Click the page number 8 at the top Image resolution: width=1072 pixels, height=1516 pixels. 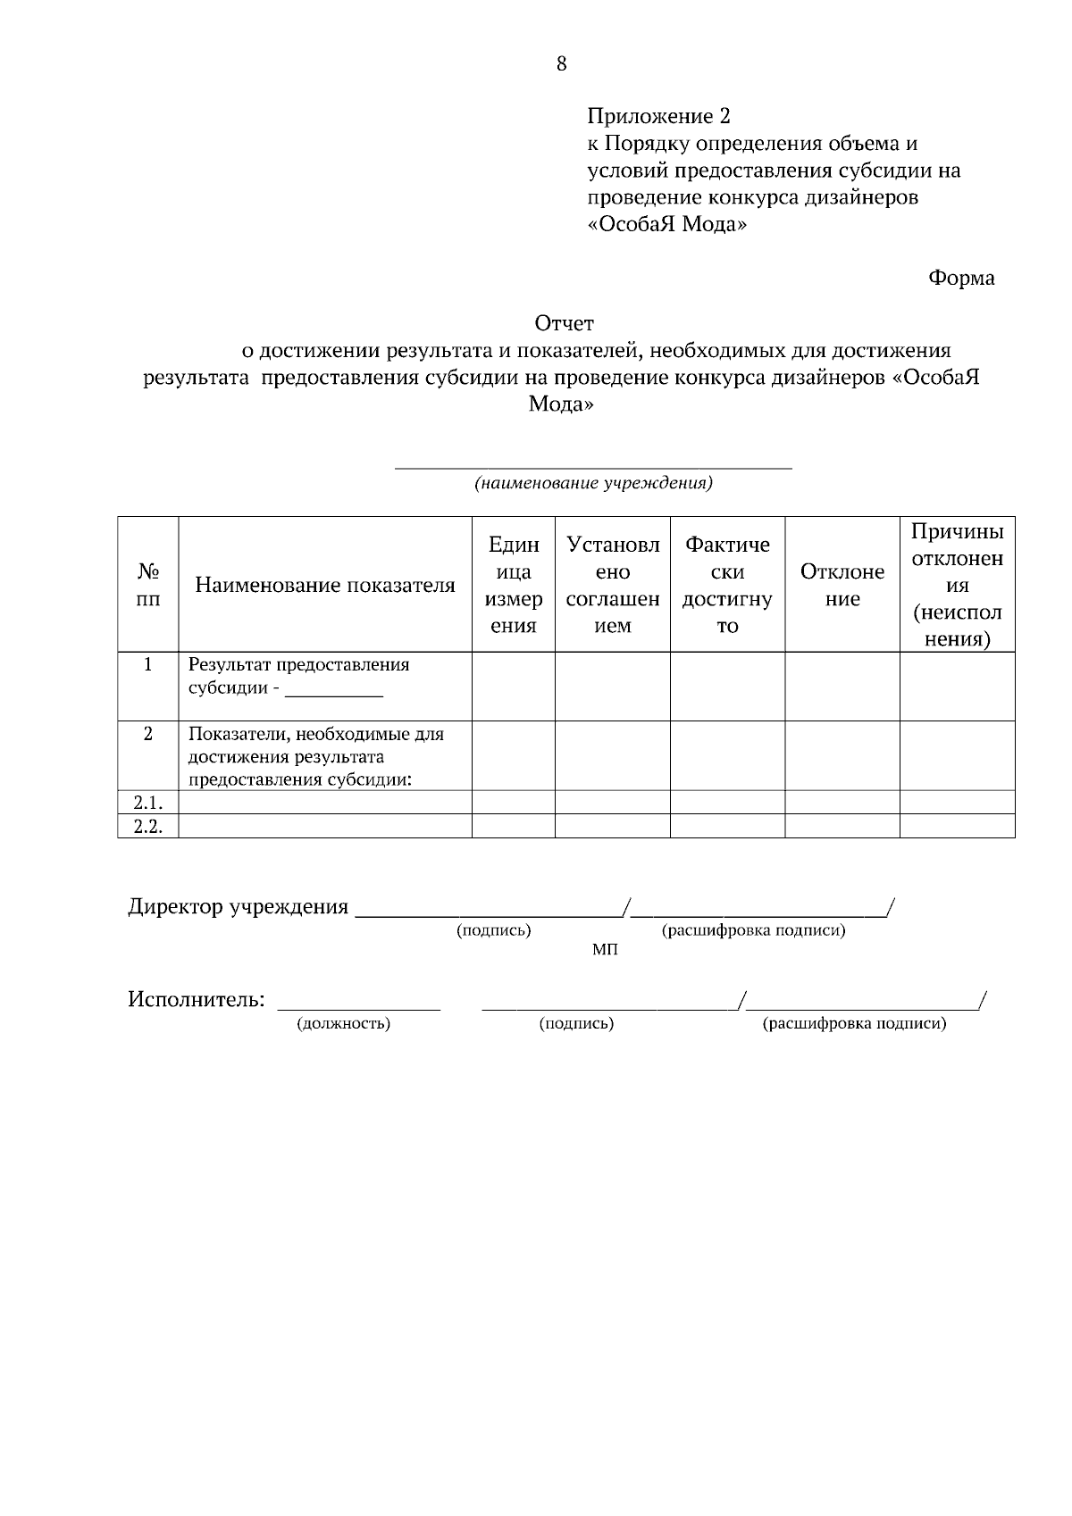[561, 63]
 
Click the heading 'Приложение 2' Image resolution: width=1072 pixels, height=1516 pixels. [658, 116]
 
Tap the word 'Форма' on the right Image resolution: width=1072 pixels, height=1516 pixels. [961, 279]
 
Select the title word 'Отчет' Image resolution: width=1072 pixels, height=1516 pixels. [564, 323]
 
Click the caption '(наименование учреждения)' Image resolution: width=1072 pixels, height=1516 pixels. [593, 484]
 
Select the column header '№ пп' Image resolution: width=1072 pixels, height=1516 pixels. [148, 585]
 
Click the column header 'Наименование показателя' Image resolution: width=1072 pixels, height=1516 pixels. [325, 586]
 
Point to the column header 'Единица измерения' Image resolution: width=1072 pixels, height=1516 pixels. [514, 585]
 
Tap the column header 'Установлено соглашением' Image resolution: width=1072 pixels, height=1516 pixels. [613, 585]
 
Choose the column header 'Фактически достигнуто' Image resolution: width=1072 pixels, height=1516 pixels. [727, 585]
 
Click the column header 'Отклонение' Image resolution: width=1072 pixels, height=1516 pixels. [842, 585]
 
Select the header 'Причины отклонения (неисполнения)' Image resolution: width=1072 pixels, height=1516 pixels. [957, 585]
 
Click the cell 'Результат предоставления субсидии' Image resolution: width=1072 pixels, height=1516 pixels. [298, 677]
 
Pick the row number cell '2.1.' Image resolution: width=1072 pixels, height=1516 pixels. [148, 802]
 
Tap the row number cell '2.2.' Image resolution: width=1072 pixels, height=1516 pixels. [148, 826]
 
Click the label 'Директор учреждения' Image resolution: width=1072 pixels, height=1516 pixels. [238, 907]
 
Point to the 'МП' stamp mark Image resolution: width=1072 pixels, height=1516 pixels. [605, 949]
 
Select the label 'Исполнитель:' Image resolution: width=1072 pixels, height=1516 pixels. [197, 999]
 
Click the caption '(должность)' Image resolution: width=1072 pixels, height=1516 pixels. [344, 1024]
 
